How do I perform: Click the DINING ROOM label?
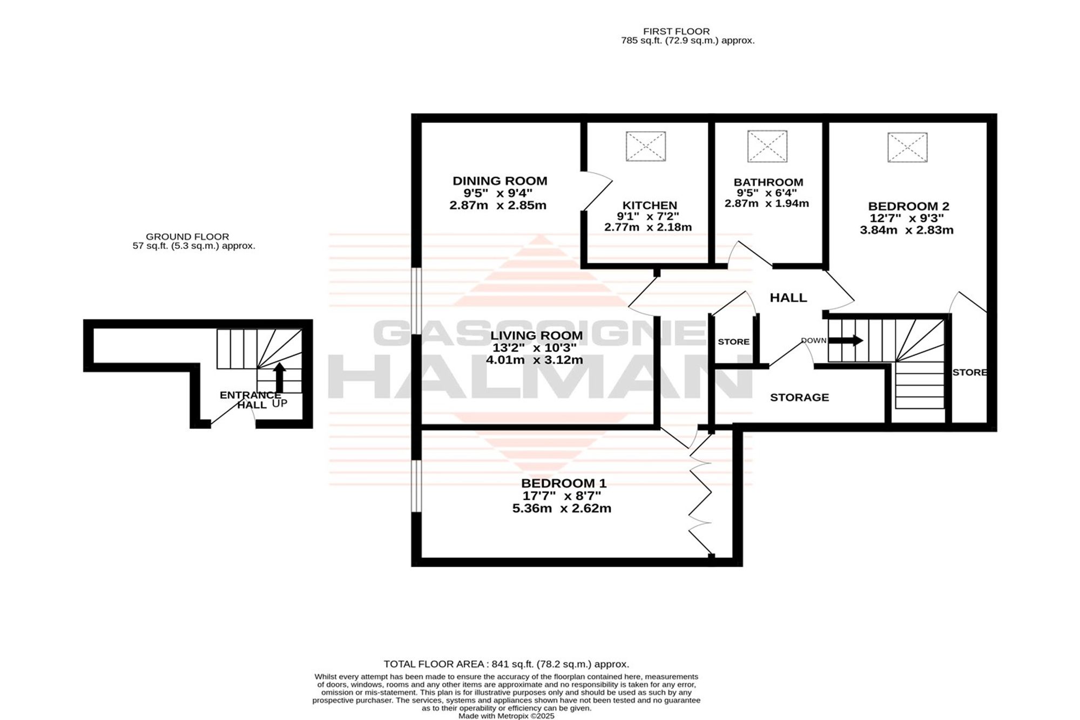pyautogui.click(x=500, y=181)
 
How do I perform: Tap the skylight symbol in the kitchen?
pyautogui.click(x=646, y=146)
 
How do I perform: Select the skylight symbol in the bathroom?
pyautogui.click(x=767, y=146)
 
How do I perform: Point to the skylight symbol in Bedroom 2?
pyautogui.click(x=907, y=147)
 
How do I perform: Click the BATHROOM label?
pyautogui.click(x=768, y=183)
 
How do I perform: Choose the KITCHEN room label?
pyautogui.click(x=650, y=205)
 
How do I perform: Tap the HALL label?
pyautogui.click(x=788, y=298)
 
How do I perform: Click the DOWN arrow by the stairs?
pyautogui.click(x=846, y=341)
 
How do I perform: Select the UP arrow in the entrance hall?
pyautogui.click(x=279, y=378)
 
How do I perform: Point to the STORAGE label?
pyautogui.click(x=799, y=398)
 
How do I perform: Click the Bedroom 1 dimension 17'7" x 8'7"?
pyautogui.click(x=562, y=496)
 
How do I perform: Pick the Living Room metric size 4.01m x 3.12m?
pyautogui.click(x=535, y=360)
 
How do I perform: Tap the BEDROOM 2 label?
pyautogui.click(x=909, y=206)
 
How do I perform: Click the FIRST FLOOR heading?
pyautogui.click(x=676, y=31)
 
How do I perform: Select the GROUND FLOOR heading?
pyautogui.click(x=187, y=237)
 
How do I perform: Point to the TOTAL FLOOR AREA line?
pyautogui.click(x=507, y=664)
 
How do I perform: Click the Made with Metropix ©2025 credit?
pyautogui.click(x=507, y=716)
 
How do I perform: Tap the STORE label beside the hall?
pyautogui.click(x=733, y=342)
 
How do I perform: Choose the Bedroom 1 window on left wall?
pyautogui.click(x=416, y=486)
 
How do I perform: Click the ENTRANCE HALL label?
pyautogui.click(x=250, y=400)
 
